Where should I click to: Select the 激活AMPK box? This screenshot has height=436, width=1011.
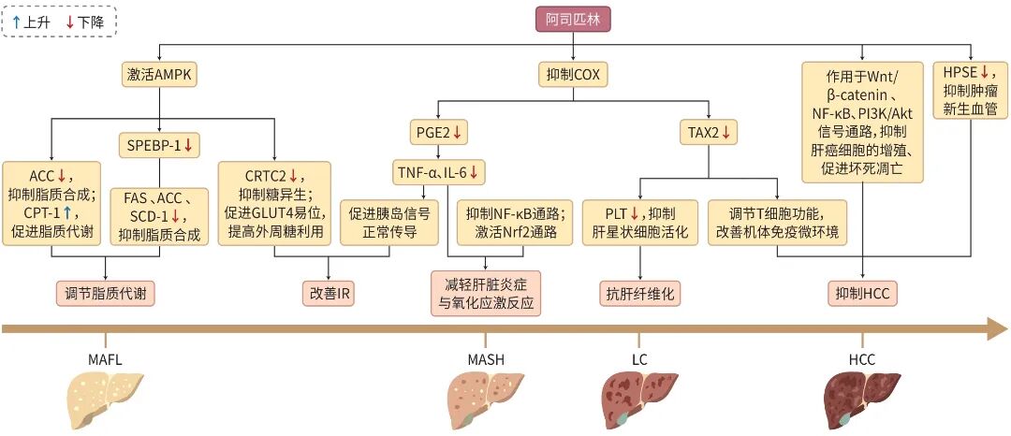pos(161,73)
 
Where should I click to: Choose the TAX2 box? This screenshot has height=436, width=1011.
pos(708,133)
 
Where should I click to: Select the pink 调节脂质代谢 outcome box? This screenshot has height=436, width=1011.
pos(105,294)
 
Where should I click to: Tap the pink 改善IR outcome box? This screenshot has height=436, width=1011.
pos(331,294)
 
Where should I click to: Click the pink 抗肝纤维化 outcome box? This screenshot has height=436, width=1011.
pos(640,294)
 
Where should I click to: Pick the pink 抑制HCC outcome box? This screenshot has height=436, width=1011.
pos(861,294)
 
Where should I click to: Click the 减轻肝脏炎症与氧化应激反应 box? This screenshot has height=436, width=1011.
pos(485,294)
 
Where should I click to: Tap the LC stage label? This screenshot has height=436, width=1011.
pos(640,359)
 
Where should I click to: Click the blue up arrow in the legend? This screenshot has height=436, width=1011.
pos(16,20)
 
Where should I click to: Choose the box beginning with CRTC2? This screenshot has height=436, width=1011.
pos(274,203)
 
